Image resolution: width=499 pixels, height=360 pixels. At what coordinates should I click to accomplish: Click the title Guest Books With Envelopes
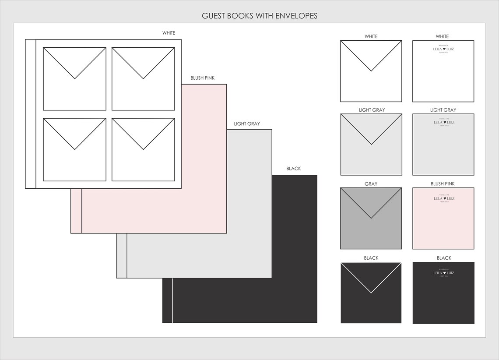click(x=260, y=16)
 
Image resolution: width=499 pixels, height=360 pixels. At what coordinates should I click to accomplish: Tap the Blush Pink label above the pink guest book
click(x=202, y=78)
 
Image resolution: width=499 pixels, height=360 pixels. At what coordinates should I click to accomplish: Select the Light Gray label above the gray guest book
click(x=247, y=124)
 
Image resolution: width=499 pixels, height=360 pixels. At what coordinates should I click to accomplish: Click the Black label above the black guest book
click(x=293, y=169)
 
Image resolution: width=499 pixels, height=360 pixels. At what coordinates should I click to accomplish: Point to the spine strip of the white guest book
click(x=31, y=114)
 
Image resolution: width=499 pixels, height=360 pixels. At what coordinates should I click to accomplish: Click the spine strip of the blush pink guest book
click(x=76, y=211)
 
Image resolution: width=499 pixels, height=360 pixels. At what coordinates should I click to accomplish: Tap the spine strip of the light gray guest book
click(x=122, y=256)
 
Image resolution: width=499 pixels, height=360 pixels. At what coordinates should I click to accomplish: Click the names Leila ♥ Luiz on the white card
click(x=443, y=49)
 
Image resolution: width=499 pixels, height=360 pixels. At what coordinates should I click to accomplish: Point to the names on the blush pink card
click(x=443, y=198)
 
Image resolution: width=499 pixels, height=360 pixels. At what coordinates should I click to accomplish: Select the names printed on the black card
click(x=443, y=273)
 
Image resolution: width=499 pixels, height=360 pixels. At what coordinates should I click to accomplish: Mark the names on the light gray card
click(x=443, y=123)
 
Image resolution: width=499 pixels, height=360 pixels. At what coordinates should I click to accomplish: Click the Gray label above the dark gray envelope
click(x=371, y=184)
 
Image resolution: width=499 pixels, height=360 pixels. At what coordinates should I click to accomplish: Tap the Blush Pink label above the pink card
click(x=443, y=184)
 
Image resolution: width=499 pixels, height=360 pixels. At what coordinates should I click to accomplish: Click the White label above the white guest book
click(x=169, y=33)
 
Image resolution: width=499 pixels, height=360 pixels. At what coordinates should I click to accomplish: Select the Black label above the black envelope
click(x=371, y=258)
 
